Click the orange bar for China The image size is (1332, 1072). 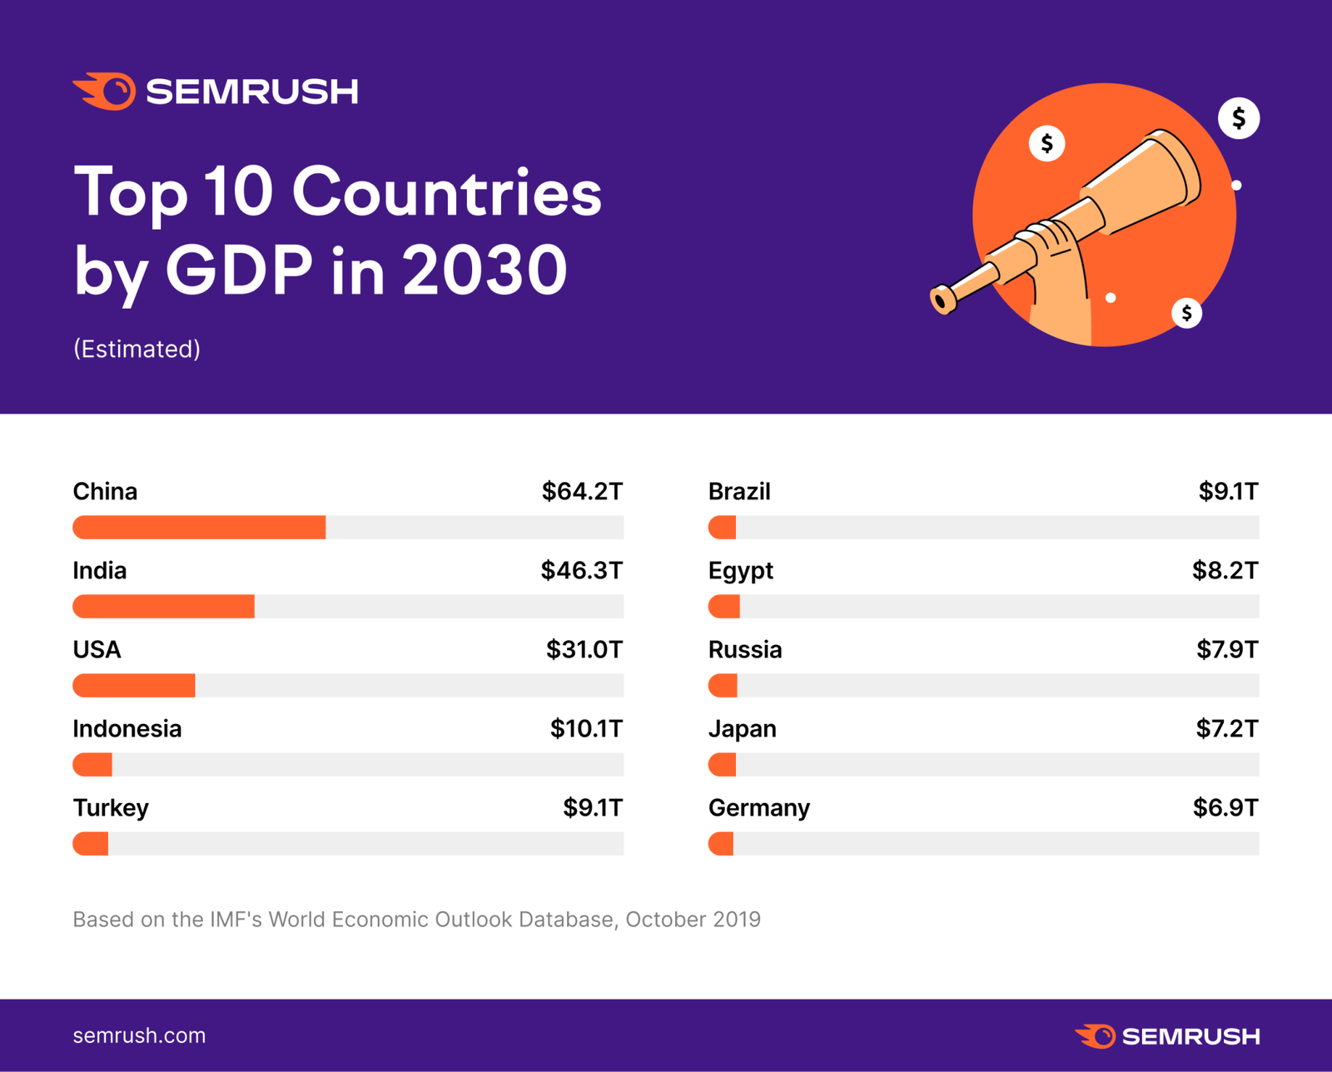coord(199,527)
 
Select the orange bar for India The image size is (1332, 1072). coord(164,606)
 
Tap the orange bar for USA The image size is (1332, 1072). coord(134,685)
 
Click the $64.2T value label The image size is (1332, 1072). coord(582,491)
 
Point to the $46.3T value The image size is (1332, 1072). coord(581,570)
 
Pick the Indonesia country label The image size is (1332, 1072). coord(127,728)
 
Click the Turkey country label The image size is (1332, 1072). coord(111,807)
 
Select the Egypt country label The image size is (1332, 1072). coord(740,571)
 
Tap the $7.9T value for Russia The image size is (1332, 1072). coord(1227,649)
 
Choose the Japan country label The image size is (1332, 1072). coord(742,728)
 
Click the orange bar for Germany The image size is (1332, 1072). coord(721,843)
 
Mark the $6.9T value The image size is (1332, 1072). coord(1225,807)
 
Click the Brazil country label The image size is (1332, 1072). coord(739,491)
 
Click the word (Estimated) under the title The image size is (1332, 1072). coord(137,349)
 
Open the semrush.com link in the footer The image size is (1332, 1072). coord(139,1035)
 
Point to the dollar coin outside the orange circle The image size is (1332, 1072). coord(1239,118)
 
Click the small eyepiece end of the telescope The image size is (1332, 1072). coord(942,300)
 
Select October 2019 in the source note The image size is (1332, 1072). coord(693,919)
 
